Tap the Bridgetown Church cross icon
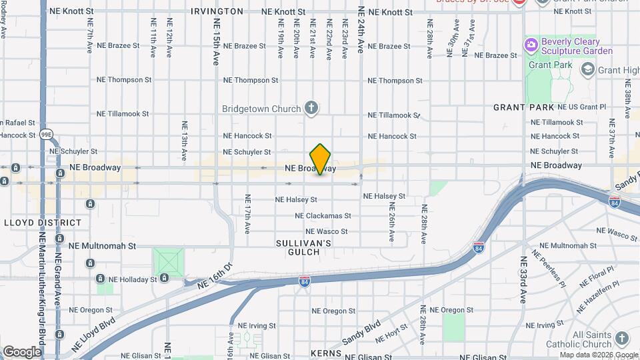click(311, 107)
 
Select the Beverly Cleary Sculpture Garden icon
click(531, 45)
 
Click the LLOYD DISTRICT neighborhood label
click(42, 223)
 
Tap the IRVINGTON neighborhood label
click(217, 11)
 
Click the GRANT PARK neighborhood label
click(524, 107)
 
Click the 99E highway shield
click(46, 134)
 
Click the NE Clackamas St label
click(323, 216)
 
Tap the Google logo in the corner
click(22, 351)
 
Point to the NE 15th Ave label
click(217, 41)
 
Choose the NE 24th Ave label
click(361, 30)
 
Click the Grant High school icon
click(587, 69)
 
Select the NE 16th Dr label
click(214, 275)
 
